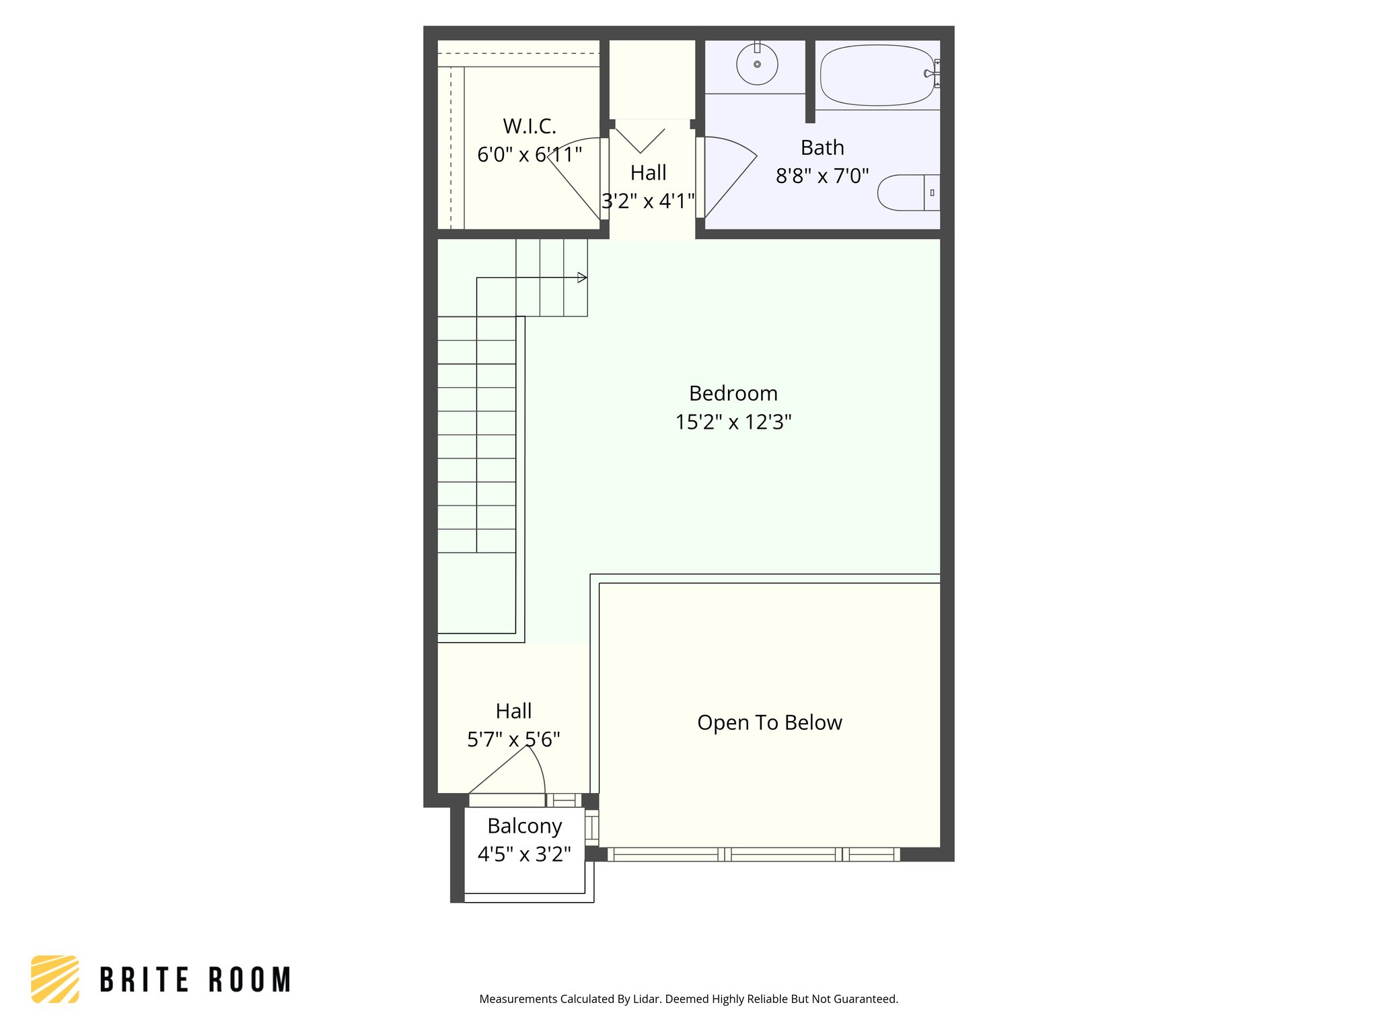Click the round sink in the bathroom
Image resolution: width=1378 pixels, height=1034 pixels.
point(757,65)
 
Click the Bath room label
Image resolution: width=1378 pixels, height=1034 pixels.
point(822,147)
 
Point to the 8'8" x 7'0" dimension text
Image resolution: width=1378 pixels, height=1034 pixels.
point(822,176)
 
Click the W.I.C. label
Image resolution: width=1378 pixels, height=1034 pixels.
point(530,126)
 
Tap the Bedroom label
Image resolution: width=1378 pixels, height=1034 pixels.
point(733,393)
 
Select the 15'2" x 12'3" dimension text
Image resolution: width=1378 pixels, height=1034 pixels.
point(733,422)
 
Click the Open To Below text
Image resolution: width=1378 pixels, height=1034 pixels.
point(769,722)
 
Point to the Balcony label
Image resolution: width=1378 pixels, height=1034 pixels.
point(524,826)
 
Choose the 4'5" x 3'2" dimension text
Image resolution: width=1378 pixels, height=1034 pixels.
point(524,854)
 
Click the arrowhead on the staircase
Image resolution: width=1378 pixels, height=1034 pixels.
point(582,277)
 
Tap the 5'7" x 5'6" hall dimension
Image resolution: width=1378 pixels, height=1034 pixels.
point(513,740)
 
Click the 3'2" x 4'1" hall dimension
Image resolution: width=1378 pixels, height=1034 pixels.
point(647,201)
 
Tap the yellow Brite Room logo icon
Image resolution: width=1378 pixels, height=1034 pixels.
point(55,979)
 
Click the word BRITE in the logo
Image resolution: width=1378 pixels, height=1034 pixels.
point(144,979)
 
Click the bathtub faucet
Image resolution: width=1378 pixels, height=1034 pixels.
point(931,73)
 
